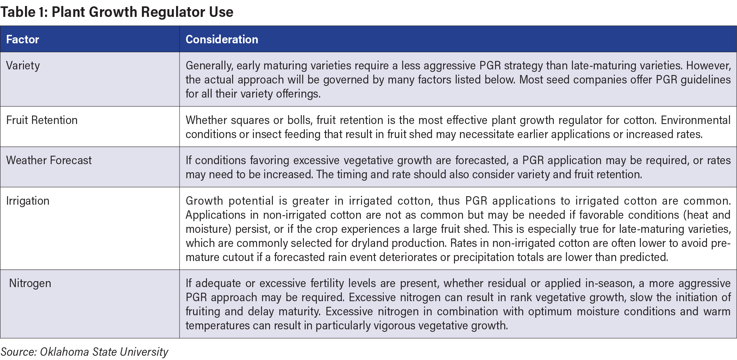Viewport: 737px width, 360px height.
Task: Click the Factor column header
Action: pos(23,39)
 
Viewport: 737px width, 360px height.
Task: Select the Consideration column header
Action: pos(222,39)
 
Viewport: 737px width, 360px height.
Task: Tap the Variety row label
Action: pos(23,66)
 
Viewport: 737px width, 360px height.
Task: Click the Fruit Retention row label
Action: pos(42,120)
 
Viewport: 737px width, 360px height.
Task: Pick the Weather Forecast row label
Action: pos(49,160)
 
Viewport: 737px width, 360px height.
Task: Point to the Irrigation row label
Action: pos(28,201)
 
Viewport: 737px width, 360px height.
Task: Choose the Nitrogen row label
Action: pos(30,283)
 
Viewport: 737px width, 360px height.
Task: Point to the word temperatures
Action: pos(218,326)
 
